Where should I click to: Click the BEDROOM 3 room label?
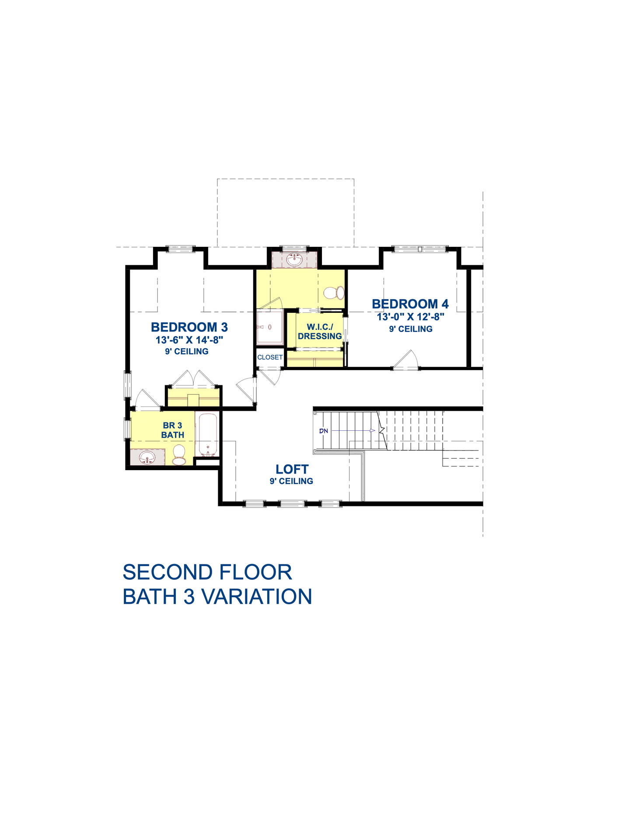189,327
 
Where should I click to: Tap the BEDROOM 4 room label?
410,304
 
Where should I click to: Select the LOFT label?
292,469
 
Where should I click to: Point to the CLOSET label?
270,357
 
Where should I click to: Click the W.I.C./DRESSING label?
320,332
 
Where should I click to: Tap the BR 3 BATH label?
173,430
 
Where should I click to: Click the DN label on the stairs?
324,431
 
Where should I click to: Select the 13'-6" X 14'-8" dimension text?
189,340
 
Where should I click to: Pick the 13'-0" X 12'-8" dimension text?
411,317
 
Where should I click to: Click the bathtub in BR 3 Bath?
208,435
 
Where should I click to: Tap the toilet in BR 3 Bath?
179,454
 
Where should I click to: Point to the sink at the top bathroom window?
294,260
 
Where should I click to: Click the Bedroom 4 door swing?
406,360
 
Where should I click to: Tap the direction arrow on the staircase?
372,431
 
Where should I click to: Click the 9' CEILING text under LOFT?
291,481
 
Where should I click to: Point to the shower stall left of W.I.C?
270,327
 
